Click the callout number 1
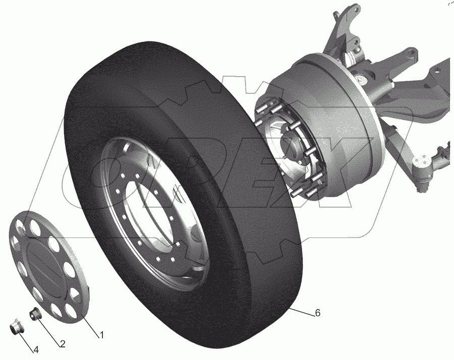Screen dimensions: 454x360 point(101,335)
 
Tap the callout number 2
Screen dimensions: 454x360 point(63,343)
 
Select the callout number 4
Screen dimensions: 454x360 point(36,350)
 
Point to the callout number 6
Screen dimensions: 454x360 point(318,313)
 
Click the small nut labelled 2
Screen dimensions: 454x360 point(35,314)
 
